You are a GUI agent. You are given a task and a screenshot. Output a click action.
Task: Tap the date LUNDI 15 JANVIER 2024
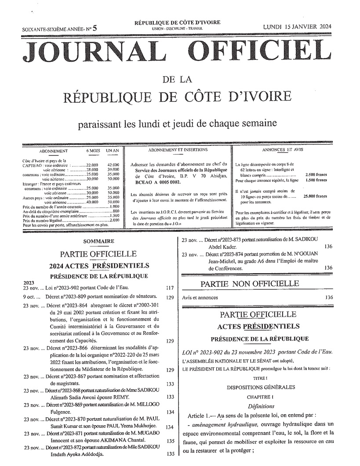(x=297, y=26)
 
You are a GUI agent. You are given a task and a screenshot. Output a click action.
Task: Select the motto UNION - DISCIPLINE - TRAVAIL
(x=178, y=28)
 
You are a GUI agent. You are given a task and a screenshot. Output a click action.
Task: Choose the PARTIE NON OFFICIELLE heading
(x=254, y=284)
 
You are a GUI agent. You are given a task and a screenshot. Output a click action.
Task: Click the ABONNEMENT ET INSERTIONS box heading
(x=178, y=150)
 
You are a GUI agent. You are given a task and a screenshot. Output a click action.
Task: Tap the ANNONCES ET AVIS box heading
(x=282, y=150)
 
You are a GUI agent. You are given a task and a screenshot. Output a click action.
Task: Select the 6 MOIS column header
(x=94, y=151)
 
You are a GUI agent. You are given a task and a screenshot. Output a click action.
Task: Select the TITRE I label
(x=257, y=378)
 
